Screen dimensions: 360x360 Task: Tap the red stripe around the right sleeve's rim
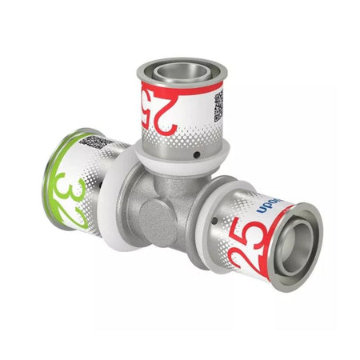tap(276, 240)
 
